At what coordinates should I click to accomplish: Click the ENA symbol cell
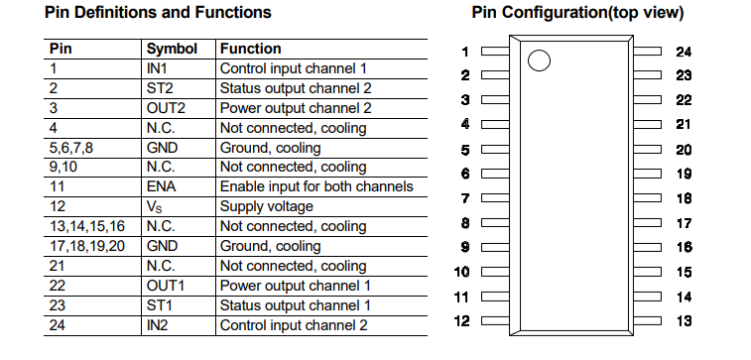(162, 186)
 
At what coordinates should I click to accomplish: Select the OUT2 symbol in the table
(166, 108)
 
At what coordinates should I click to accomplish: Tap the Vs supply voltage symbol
(156, 206)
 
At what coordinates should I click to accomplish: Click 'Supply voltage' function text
(266, 206)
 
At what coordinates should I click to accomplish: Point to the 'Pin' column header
(61, 49)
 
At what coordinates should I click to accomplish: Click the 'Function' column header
(250, 49)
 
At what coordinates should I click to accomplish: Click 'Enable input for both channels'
(315, 186)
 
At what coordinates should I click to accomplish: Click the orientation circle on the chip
(539, 61)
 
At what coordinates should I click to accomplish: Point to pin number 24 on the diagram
(684, 52)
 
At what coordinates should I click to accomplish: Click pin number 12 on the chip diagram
(461, 320)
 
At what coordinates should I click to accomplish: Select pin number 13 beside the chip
(684, 320)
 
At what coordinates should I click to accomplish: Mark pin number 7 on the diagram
(464, 198)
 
